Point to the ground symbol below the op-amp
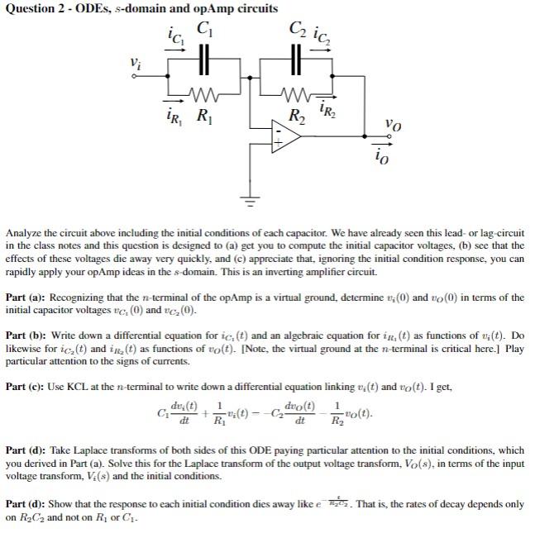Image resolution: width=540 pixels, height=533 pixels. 246,199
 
